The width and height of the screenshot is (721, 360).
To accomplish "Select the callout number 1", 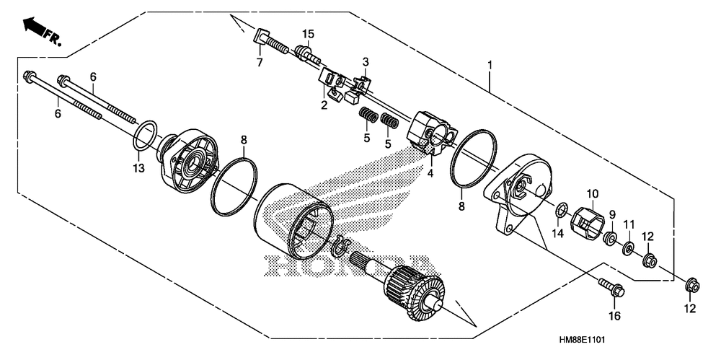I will [x=490, y=66].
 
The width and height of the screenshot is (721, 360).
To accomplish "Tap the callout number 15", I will [x=308, y=34].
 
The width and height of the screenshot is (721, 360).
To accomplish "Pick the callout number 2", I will [x=324, y=105].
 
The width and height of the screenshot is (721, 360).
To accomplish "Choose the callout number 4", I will [x=430, y=173].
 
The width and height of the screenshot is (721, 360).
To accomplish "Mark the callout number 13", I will [x=138, y=168].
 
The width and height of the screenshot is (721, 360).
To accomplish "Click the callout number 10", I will [x=592, y=193].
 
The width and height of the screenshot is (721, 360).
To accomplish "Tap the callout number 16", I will [x=614, y=315].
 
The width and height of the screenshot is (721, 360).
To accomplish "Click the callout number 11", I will [x=629, y=224].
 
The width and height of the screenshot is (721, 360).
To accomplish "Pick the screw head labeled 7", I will [x=262, y=35].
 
